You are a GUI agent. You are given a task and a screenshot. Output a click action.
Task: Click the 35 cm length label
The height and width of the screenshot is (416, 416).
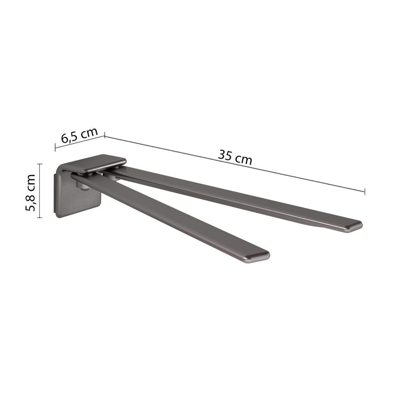[235, 157]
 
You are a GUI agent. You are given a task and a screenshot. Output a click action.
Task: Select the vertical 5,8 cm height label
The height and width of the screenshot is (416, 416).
[31, 193]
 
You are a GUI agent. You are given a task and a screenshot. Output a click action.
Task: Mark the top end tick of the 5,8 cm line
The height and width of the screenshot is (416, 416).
[40, 164]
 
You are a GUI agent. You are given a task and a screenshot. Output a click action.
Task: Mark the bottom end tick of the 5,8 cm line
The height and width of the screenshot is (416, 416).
[40, 218]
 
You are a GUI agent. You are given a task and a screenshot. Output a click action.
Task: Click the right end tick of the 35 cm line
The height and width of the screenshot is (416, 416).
[365, 191]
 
